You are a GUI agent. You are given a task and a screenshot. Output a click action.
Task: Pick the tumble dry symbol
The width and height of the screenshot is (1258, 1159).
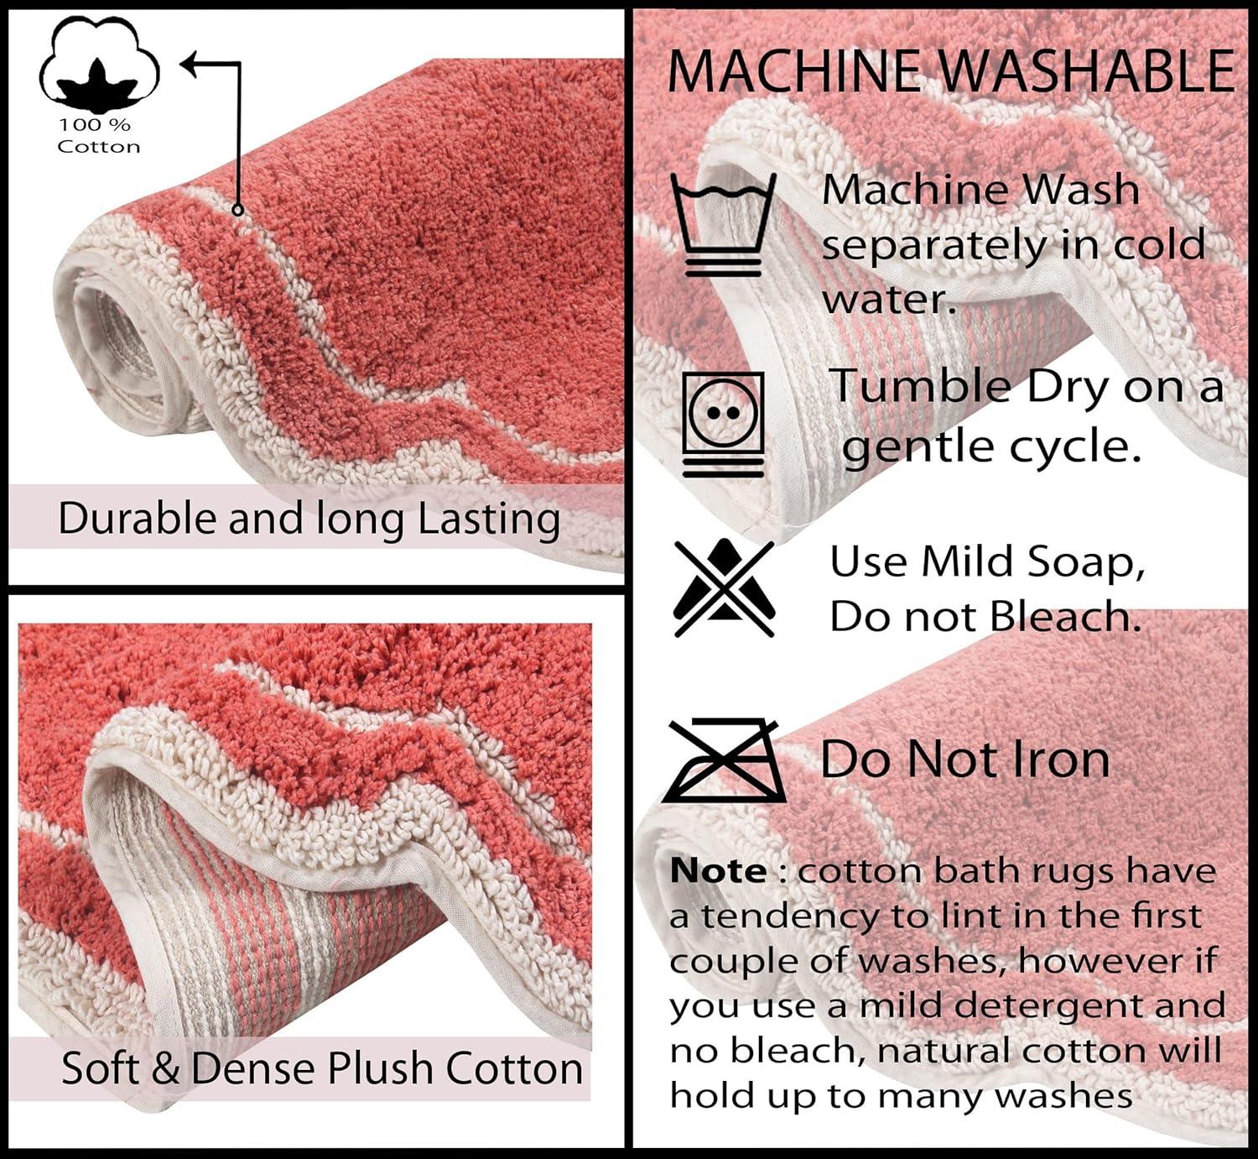pos(723,424)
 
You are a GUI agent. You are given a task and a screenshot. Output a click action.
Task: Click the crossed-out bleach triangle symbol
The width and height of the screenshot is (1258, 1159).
pos(724,588)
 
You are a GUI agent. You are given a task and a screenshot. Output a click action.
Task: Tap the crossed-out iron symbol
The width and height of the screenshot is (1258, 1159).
pos(724,761)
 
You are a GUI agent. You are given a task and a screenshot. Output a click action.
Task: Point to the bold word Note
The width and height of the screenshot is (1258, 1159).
pos(718,871)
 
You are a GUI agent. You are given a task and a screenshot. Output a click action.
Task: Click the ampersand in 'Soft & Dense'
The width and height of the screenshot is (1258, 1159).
pos(166,1069)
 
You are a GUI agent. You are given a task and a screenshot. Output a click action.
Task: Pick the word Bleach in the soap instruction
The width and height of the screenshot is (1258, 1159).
pos(1065,617)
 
